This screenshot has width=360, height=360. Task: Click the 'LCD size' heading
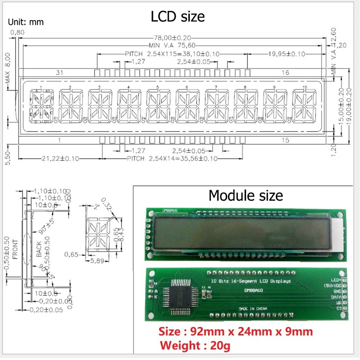coord(178,17)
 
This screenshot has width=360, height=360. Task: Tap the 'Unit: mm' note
coord(26,22)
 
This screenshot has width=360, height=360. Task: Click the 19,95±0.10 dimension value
coord(286,54)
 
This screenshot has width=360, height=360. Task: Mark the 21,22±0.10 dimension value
coord(60,158)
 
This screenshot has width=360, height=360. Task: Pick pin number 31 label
coord(60,73)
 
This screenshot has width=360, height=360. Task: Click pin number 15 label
coord(285,140)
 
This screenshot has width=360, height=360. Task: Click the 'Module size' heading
coord(246,195)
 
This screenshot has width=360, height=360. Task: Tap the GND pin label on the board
coord(337,291)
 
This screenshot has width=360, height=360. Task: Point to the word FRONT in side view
coord(15,249)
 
